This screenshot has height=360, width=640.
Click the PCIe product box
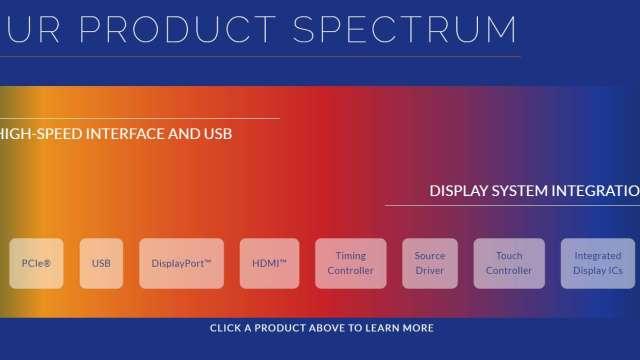click(36, 263)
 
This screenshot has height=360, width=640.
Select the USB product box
click(101, 263)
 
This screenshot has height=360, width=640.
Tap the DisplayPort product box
click(181, 263)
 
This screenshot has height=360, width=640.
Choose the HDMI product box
click(269, 263)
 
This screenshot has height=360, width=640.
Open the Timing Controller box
click(351, 263)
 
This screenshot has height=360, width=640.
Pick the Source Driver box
click(430, 263)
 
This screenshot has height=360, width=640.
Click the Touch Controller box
click(509, 263)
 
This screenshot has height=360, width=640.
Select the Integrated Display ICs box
click(598, 263)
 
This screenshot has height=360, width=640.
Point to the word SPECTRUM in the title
click(405, 29)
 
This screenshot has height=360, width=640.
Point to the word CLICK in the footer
click(225, 328)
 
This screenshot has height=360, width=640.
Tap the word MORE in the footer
click(418, 328)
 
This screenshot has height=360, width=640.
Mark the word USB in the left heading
click(218, 134)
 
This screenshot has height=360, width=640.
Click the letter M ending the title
click(500, 29)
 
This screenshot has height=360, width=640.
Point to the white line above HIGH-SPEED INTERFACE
click(140, 118)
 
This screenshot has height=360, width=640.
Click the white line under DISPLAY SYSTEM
click(513, 205)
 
